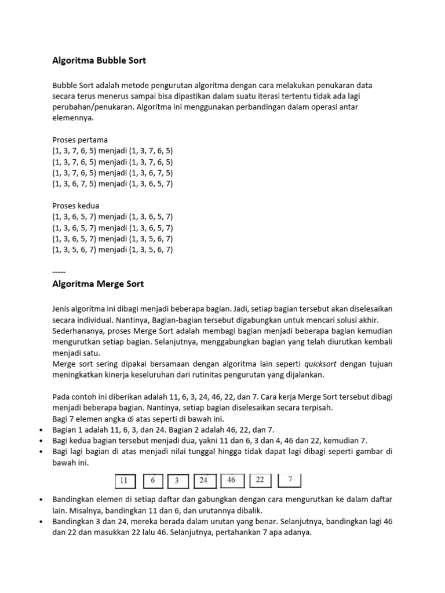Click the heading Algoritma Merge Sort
[98, 284]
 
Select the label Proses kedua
[75, 206]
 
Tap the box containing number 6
[152, 480]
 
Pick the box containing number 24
[203, 480]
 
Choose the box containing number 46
[231, 480]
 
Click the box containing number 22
[260, 480]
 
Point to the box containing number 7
[290, 480]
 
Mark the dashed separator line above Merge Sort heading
[59, 272]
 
